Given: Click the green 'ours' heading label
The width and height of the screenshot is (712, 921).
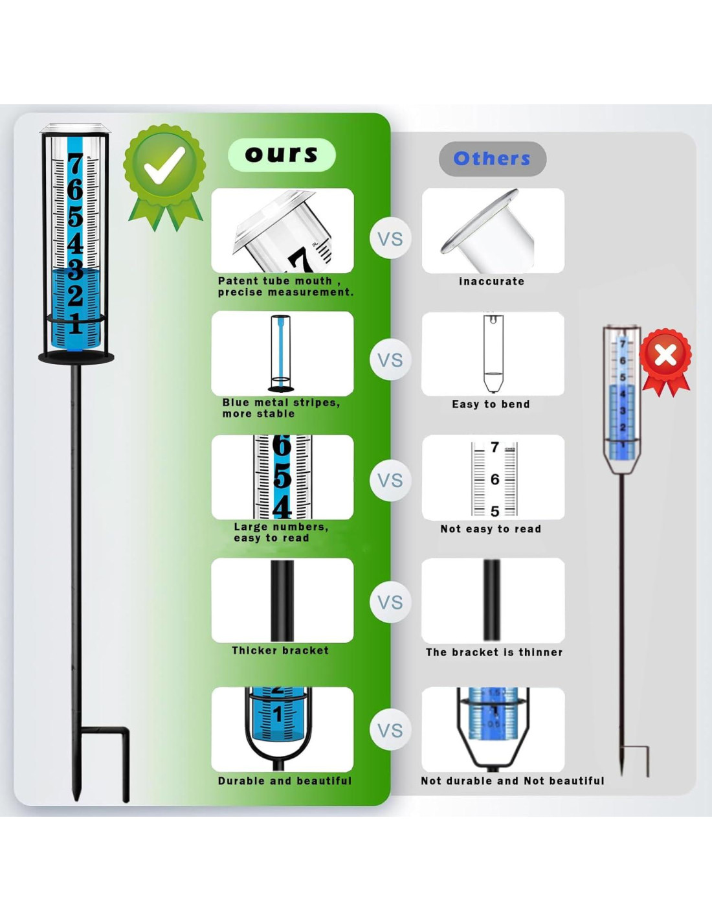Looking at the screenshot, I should pos(282,155).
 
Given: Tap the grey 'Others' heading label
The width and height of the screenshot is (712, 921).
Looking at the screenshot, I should pos(492,159).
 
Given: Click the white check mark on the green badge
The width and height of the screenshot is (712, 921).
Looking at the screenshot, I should pos(164,166).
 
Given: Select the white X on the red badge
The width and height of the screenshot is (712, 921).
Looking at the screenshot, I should pos(665,355).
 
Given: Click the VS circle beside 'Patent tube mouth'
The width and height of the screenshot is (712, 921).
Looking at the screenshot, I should pos(390,239).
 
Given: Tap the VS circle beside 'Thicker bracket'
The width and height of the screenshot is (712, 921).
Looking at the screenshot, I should pos(390,602).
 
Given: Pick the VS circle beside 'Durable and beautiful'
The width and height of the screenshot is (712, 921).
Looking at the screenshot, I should pos(390,731).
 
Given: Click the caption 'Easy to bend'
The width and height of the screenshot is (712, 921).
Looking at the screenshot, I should pos(491,404).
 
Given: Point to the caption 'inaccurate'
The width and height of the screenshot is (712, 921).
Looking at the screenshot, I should pos(491,281).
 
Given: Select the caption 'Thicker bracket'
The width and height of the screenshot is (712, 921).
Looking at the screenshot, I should pos(280,650).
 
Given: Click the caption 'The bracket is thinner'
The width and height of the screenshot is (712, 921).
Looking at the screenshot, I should pos(494,652).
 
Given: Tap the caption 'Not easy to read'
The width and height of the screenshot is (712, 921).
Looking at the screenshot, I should pos(491,529).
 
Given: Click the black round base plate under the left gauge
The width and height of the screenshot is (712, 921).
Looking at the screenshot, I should pos(76,358).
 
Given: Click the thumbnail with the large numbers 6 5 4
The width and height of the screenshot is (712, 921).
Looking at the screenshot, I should pos(282,477).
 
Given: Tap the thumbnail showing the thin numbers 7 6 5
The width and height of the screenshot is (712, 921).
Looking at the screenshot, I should pos(493,478).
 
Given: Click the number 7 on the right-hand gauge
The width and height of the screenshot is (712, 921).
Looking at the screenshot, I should pos(623,343).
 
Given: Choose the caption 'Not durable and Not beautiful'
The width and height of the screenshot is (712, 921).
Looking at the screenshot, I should pos(512,781).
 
